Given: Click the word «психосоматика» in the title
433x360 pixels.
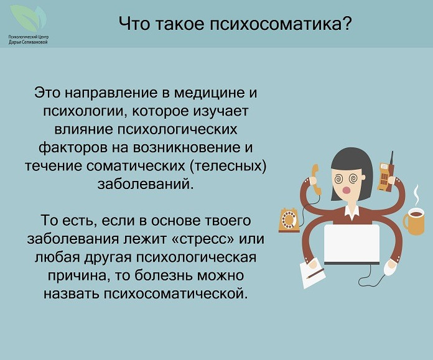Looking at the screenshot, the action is [x=277, y=24].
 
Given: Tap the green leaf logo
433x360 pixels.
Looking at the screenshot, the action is [x=28, y=19].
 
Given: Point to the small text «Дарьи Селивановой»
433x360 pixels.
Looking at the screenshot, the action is [x=28, y=42].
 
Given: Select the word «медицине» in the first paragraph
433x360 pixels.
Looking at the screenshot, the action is [x=210, y=93].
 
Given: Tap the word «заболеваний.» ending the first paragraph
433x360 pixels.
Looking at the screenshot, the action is [x=146, y=184].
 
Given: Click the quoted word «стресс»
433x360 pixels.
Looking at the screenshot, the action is [x=203, y=239].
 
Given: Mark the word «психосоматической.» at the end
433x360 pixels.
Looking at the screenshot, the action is [x=175, y=293].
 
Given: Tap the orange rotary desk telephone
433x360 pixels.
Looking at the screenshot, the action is [x=289, y=220].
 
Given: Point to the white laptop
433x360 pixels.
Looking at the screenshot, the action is [x=352, y=244].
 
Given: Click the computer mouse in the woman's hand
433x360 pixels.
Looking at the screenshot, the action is [x=390, y=267].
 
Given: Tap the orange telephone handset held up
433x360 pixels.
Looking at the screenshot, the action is [x=315, y=180].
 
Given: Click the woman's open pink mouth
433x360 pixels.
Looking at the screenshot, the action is [x=347, y=190].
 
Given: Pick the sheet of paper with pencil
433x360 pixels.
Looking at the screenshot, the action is [x=312, y=272].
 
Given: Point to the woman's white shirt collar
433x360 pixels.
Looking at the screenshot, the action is [x=352, y=212].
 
